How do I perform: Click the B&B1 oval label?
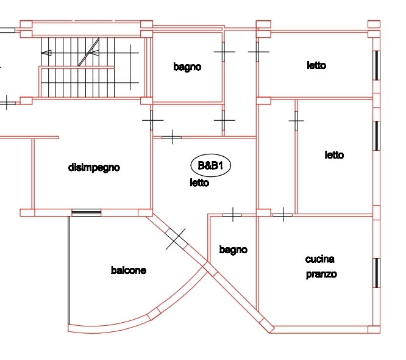(210, 165)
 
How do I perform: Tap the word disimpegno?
(94, 168)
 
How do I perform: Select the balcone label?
(129, 270)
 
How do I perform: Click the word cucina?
(320, 259)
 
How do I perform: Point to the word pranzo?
(321, 274)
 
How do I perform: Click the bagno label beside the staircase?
(187, 67)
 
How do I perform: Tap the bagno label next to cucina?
(233, 250)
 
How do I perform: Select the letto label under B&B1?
(199, 182)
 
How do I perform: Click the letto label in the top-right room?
(316, 65)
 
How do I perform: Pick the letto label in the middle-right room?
(334, 155)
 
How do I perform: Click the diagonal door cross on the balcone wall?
(176, 239)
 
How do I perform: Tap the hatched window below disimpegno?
(86, 212)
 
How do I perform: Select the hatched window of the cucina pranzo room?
(376, 273)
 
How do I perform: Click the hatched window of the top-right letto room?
(376, 65)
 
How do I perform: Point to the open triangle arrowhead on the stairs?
(46, 53)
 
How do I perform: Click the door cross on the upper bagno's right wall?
(224, 52)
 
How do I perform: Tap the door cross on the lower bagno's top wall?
(232, 215)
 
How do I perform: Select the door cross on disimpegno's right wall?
(152, 120)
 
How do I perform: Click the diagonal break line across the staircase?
(88, 52)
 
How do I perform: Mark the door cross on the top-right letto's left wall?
(258, 52)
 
